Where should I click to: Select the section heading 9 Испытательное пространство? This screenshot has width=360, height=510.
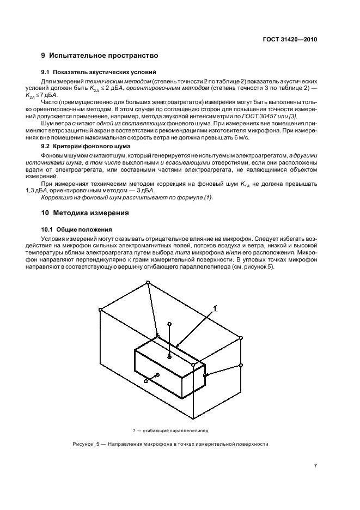(100, 56)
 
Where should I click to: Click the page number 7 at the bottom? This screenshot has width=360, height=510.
(315, 466)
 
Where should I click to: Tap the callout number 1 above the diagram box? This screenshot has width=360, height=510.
(215, 308)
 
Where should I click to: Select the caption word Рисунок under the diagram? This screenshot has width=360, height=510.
(83, 444)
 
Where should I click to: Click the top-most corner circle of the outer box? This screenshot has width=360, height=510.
(148, 282)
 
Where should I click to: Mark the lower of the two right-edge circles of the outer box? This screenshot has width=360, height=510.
(241, 365)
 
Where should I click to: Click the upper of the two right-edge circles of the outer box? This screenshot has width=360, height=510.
(241, 338)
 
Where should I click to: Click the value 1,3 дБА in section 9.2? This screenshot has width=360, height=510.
(53, 190)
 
